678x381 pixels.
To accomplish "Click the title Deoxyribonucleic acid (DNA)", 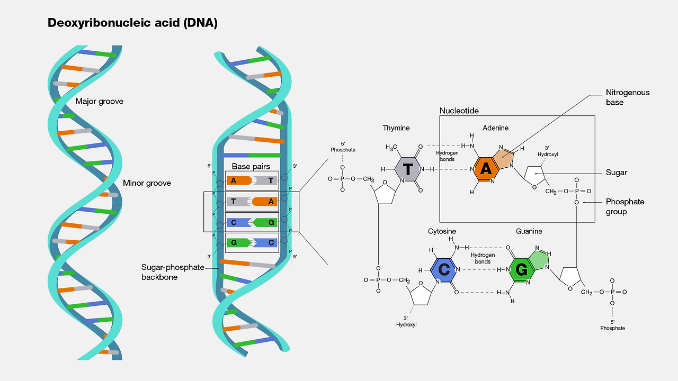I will tap(132, 23).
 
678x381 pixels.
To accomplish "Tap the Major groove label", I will tap(100, 101).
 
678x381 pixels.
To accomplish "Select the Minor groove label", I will tap(147, 183).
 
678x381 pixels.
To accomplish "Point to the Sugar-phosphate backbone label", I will tap(173, 272).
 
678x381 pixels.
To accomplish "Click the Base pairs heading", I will tap(251, 166).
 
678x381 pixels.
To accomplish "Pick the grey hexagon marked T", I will tap(408, 169).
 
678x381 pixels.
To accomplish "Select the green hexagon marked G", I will tap(521, 270).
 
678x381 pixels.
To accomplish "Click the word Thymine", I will tap(396, 128).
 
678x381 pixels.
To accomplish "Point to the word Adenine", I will tap(495, 128).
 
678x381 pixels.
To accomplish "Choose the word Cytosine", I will tap(442, 231).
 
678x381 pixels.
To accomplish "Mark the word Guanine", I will tap(529, 231).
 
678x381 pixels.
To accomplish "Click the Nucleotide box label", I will tap(459, 111).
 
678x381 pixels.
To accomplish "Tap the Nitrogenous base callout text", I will tap(628, 97).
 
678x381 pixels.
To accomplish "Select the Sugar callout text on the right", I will tap(617, 173).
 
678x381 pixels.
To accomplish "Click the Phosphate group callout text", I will tap(625, 206).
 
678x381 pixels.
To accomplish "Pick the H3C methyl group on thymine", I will tap(391, 147).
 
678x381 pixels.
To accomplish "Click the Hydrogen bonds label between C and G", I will tap(483, 258).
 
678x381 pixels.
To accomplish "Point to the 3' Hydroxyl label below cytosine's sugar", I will tap(406, 321).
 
